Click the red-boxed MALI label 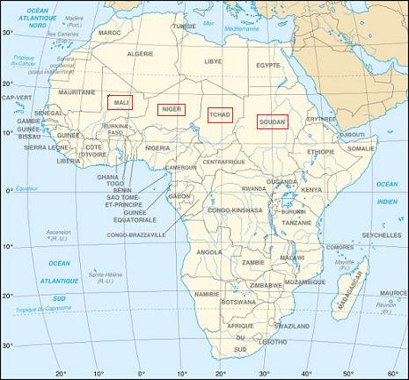(120, 102)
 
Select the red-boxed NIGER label (170, 110)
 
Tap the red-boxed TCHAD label (220, 114)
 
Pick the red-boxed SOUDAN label (271, 122)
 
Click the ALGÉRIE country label (141, 54)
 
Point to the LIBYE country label (214, 62)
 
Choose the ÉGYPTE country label (267, 65)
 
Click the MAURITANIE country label (77, 91)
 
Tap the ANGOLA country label (209, 252)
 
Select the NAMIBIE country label (206, 294)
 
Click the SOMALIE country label (361, 150)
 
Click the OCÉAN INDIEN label (387, 192)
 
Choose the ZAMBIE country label (253, 262)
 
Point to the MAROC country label (109, 33)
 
